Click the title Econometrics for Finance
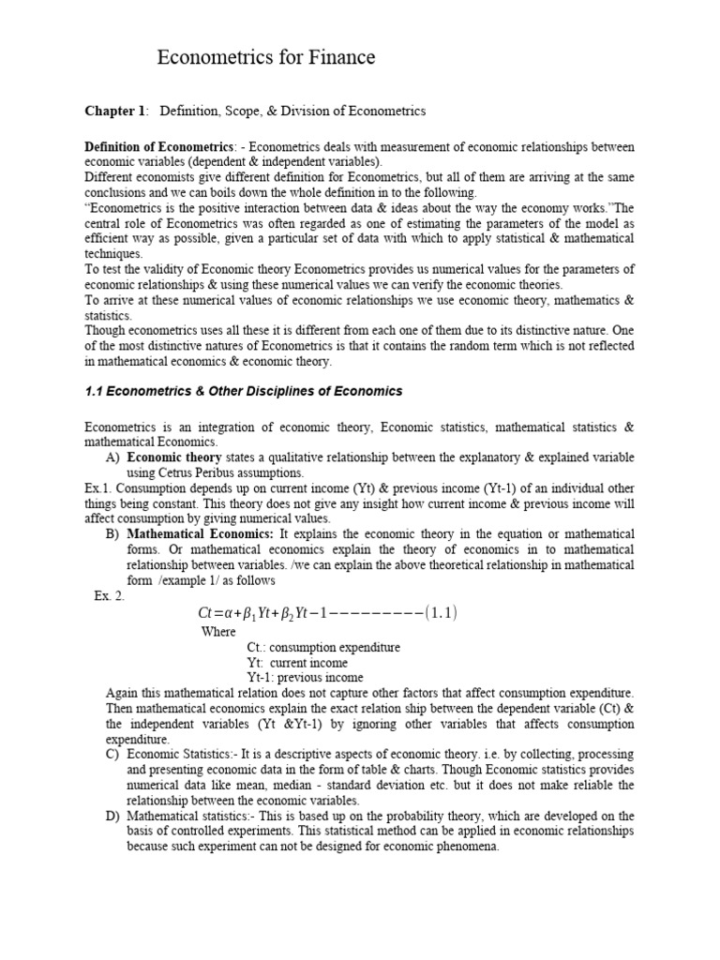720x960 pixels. pyautogui.click(x=265, y=58)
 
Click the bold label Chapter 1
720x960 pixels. pyautogui.click(x=115, y=112)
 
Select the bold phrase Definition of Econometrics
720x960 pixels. pyautogui.click(x=159, y=148)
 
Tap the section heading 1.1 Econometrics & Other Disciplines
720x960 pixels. pyautogui.click(x=243, y=391)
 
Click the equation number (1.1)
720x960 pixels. pyautogui.click(x=440, y=613)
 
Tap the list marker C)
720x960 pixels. pyautogui.click(x=112, y=755)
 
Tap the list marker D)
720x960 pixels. pyautogui.click(x=112, y=817)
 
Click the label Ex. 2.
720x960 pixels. pyautogui.click(x=109, y=596)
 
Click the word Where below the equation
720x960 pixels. pyautogui.click(x=219, y=631)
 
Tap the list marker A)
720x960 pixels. pyautogui.click(x=112, y=457)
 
